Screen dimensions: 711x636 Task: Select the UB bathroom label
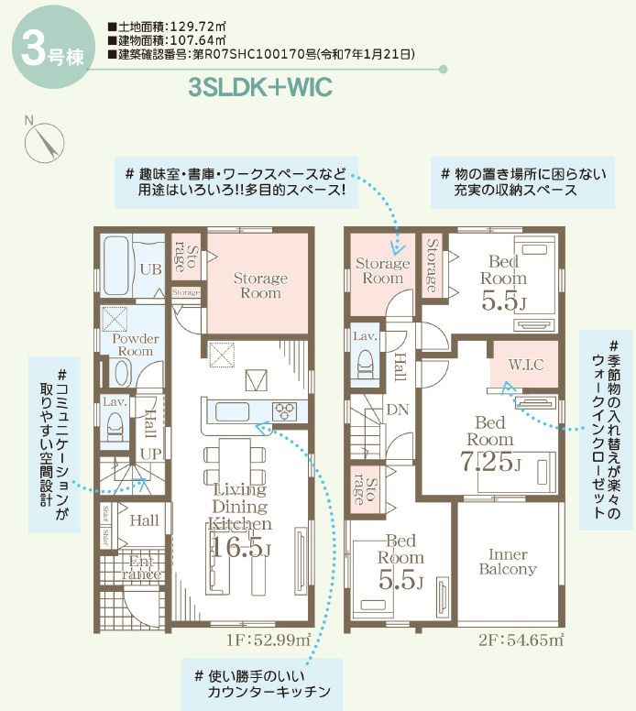pyautogui.click(x=151, y=268)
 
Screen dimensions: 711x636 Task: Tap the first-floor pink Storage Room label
pyautogui.click(x=260, y=285)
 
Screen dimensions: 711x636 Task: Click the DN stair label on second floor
pyautogui.click(x=397, y=409)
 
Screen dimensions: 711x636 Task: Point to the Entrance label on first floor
pyautogui.click(x=144, y=567)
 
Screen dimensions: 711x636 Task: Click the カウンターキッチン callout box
pyautogui.click(x=260, y=683)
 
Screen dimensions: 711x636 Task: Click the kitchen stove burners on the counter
pyautogui.click(x=281, y=410)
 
